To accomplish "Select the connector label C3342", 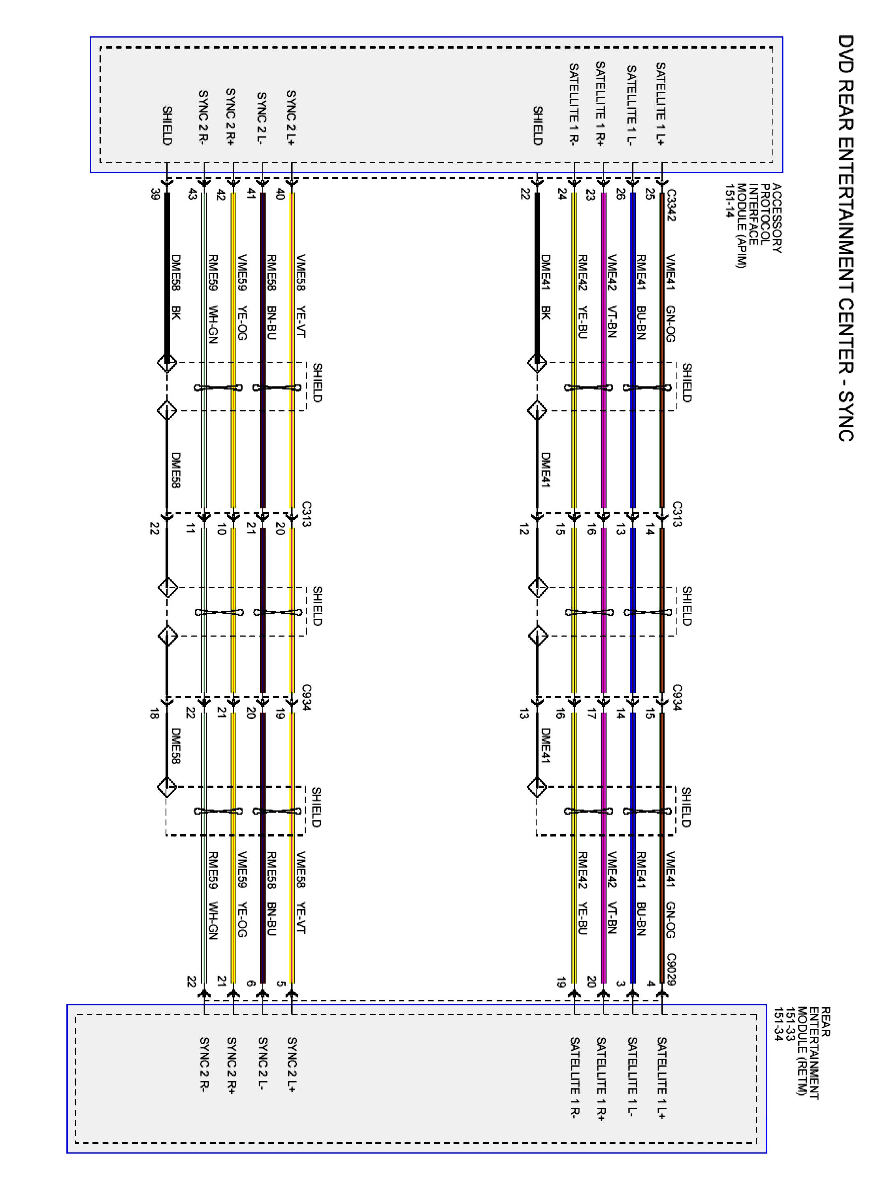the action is (671, 205).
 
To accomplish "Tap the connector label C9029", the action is (671, 969).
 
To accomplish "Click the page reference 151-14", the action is (729, 200).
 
